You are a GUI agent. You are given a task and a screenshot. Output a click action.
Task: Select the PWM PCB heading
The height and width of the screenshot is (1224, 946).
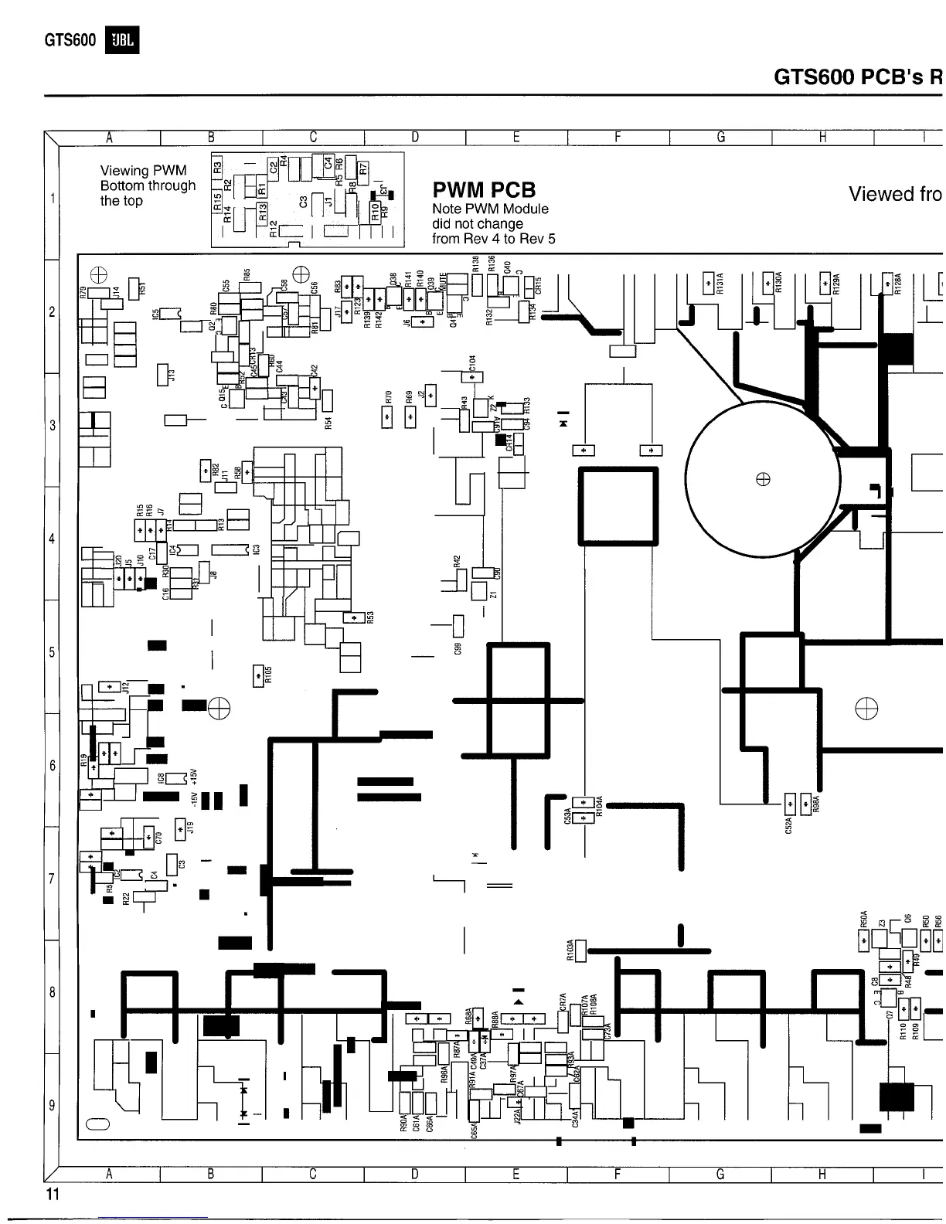[484, 190]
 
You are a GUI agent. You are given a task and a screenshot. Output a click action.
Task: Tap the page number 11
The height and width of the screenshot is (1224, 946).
[52, 1195]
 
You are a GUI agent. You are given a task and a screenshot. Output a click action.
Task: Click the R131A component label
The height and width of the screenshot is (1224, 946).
[720, 284]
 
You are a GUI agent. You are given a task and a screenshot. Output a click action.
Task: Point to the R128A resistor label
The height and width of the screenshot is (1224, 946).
[898, 284]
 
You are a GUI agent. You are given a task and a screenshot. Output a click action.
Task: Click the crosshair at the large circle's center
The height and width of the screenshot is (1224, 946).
[763, 479]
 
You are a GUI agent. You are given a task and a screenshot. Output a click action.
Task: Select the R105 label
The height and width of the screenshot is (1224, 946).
[268, 675]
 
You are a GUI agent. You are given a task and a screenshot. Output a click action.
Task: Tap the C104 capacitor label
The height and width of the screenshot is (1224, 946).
[472, 363]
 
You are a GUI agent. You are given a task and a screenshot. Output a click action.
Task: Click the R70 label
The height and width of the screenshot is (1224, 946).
[389, 398]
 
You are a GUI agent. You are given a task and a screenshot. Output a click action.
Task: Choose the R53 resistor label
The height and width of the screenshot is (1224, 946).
[370, 618]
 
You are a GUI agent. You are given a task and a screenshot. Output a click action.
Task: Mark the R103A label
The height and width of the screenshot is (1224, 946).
[570, 949]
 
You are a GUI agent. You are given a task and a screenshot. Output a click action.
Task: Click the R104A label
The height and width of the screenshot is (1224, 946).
[599, 806]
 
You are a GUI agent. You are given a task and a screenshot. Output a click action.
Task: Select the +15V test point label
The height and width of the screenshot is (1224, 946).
[194, 776]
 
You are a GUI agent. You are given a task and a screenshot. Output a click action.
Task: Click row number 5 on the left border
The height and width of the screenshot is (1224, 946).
[52, 651]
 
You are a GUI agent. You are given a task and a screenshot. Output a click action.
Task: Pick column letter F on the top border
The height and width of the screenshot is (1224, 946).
[618, 138]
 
